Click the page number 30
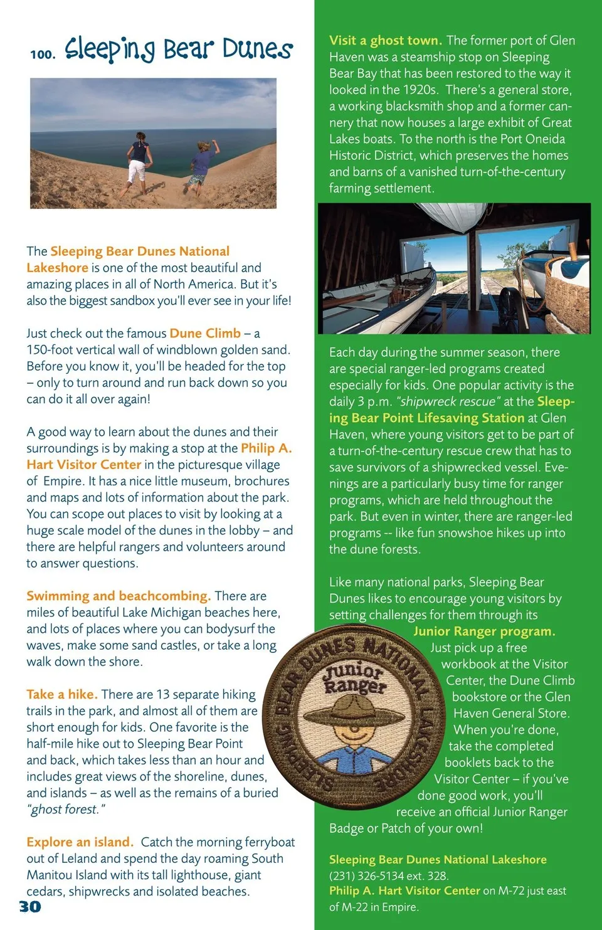pos(30,906)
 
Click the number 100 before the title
pos(43,54)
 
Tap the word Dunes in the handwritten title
pos(257,49)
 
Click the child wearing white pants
pos(137,160)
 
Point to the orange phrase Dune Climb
pos(205,333)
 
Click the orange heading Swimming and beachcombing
pos(118,596)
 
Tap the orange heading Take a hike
pos(61,694)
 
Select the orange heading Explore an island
pos(80,842)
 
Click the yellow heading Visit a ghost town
pos(385,41)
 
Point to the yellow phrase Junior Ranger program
pos(484,631)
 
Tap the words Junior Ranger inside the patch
pos(354,678)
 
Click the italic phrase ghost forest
pos(65,810)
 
